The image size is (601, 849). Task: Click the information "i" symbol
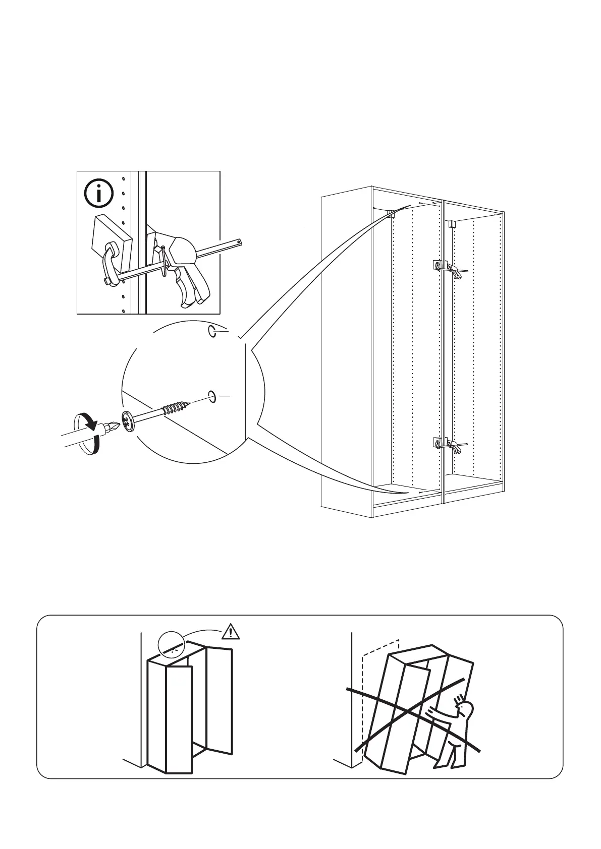(x=99, y=194)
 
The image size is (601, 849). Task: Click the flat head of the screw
(x=128, y=420)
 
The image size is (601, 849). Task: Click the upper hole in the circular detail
(x=213, y=331)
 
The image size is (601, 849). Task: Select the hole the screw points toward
(x=212, y=397)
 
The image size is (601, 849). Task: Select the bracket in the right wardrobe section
(x=452, y=224)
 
